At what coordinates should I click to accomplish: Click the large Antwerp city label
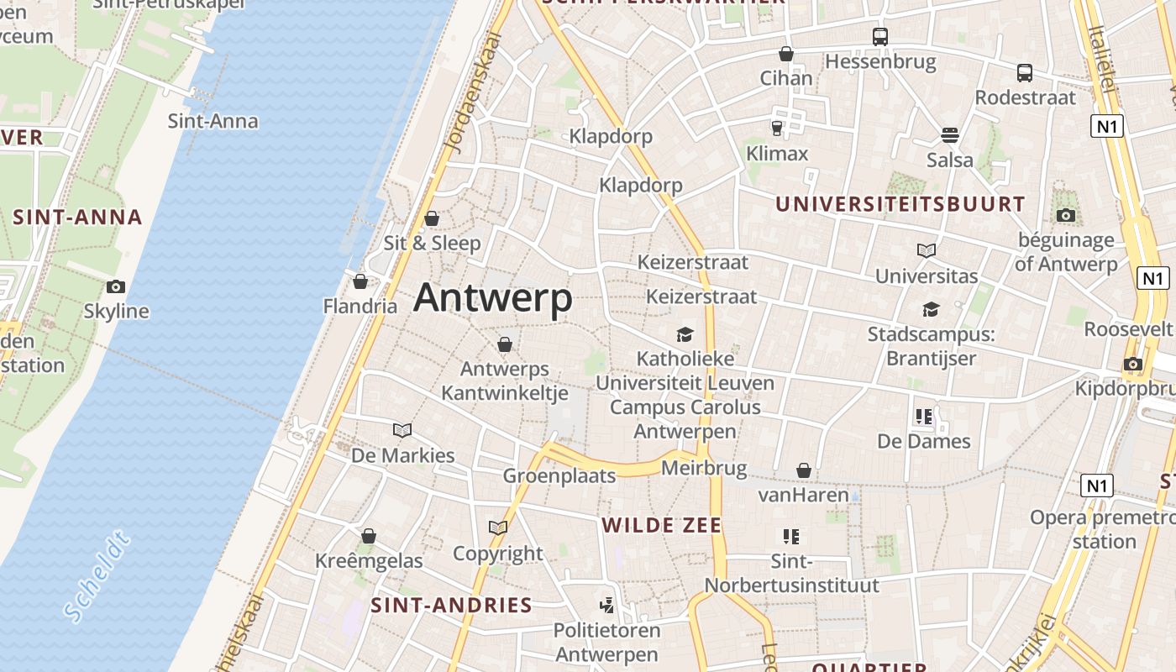(493, 298)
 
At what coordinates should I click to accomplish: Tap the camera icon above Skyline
(116, 287)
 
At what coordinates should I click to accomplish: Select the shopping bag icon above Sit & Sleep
(432, 219)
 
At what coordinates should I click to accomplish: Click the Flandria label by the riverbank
(360, 306)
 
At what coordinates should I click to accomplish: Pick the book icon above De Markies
(402, 431)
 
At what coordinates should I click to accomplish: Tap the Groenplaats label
(559, 476)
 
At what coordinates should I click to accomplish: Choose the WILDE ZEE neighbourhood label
(662, 526)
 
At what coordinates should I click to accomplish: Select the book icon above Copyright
(498, 528)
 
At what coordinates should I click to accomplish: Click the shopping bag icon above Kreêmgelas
(369, 536)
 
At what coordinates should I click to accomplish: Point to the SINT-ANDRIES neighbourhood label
(452, 606)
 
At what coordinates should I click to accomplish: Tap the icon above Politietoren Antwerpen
(606, 605)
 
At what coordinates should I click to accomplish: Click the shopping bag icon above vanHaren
(804, 470)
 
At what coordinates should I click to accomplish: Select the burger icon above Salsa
(950, 135)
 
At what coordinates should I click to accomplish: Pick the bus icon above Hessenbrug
(879, 37)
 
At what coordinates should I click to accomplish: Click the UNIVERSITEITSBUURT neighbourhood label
(900, 204)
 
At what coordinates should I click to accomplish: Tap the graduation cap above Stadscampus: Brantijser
(931, 310)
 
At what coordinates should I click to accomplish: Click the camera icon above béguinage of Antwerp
(1066, 216)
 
